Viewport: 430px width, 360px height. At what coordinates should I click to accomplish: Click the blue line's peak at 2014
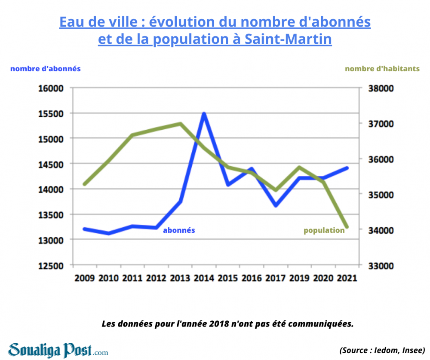[x=204, y=114]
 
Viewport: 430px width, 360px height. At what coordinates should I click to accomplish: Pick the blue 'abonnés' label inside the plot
[x=179, y=230]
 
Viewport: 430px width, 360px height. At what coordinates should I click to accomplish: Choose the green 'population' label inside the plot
[x=324, y=230]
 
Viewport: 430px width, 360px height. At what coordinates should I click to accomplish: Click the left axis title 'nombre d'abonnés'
[x=46, y=69]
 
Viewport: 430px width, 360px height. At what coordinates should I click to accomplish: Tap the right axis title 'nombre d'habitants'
[x=382, y=69]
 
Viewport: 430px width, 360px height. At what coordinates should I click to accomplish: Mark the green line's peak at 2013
[x=180, y=124]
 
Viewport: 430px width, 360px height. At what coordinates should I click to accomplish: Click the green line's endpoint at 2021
[x=347, y=227]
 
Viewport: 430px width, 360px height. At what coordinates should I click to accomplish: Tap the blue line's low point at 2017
[x=275, y=205]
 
